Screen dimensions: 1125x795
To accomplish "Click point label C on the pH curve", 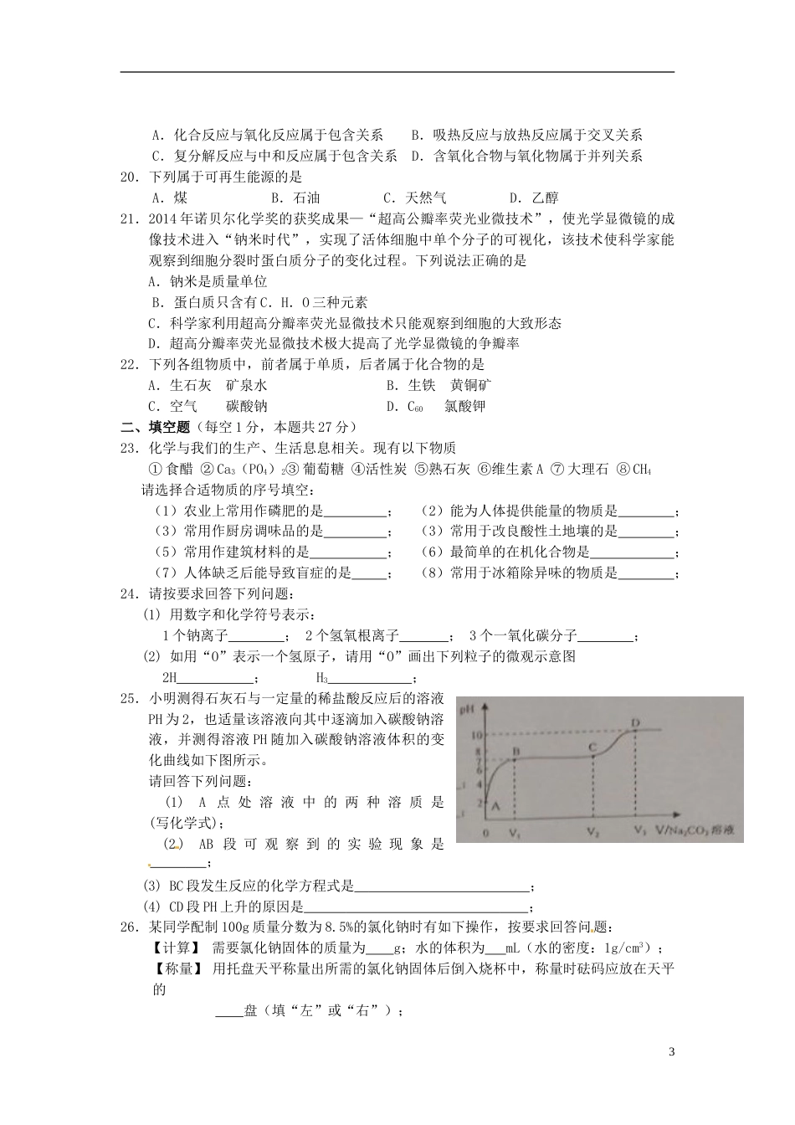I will click(592, 746).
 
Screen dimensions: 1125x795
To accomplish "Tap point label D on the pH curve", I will click(634, 722).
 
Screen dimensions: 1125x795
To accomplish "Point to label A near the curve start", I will click(495, 804).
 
